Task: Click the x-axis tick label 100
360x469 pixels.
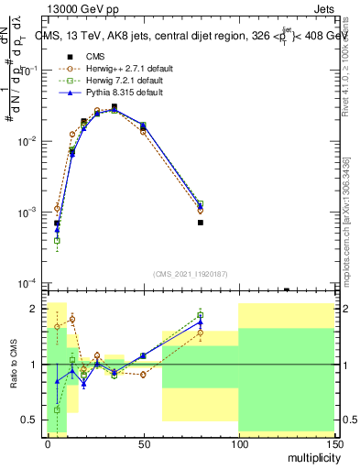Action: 238,442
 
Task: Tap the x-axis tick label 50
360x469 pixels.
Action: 143,442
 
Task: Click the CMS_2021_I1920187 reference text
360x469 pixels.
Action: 190,273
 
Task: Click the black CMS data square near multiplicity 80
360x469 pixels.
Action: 200,223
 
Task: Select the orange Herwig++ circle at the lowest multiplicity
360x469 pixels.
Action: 57,208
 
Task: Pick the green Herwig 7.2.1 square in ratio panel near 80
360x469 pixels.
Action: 200,315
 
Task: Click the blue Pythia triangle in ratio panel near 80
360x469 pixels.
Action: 200,322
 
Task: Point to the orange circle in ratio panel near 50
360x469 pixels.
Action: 143,375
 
